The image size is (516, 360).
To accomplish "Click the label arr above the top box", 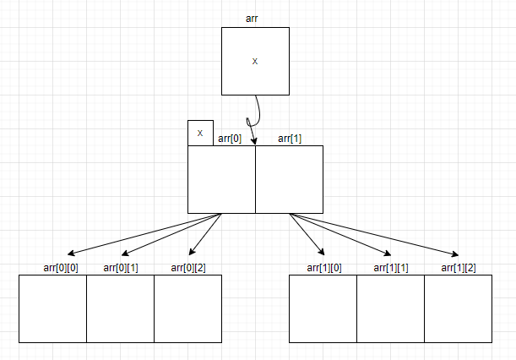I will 252,18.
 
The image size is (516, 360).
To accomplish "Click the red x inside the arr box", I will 255,62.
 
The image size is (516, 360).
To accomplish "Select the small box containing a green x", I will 200,133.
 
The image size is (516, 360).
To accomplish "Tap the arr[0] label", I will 231,139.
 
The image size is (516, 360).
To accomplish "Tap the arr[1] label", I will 290,139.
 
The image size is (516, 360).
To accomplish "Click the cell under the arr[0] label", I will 221,179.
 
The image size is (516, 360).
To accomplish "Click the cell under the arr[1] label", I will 289,179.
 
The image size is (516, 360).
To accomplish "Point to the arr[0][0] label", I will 61,268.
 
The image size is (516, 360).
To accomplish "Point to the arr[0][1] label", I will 121,268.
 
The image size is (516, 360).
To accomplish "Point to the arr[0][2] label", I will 188,268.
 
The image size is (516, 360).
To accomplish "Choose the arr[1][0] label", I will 323,268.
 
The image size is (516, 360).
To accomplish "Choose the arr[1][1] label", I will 391,268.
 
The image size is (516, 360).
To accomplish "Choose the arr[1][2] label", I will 459,268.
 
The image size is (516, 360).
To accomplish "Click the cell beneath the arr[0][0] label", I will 52,308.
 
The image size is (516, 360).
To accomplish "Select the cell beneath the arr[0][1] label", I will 120,308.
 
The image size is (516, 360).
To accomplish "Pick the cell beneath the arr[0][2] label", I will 187,308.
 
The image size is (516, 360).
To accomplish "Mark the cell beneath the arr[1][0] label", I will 323,308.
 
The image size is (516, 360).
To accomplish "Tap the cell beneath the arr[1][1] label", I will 390,308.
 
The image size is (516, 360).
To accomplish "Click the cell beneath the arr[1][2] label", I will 458,308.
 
